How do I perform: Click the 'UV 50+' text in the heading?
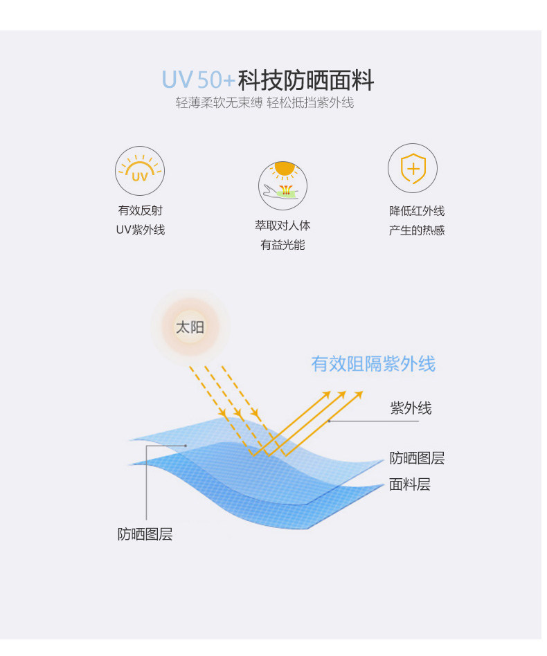coord(198,80)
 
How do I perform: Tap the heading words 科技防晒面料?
coord(305,80)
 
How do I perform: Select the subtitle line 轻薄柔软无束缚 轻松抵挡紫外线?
coord(264,103)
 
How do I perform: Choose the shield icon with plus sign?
coord(413,168)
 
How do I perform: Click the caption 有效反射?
coord(140,210)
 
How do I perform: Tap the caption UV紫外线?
coord(140,230)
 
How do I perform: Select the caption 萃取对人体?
coord(283,226)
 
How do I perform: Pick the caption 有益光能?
coord(283,245)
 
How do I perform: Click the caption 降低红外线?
coord(417,211)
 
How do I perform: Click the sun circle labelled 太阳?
coord(190,327)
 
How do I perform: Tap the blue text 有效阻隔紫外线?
coord(373,364)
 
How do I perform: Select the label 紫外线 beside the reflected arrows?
coord(411,408)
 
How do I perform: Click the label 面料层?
coord(410,484)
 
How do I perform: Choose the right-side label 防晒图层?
coord(417,458)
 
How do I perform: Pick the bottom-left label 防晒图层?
coord(145,534)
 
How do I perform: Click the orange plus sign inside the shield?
coord(413,169)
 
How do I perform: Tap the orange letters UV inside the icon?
coord(140,176)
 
